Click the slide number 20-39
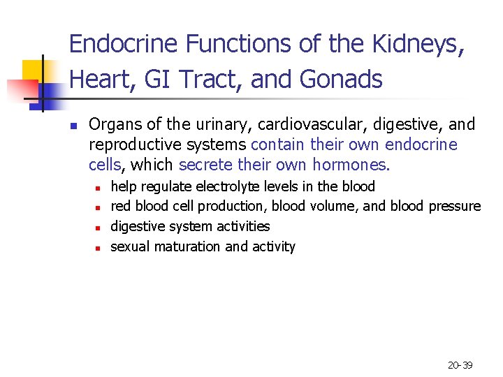(x=460, y=365)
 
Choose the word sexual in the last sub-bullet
(x=131, y=246)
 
